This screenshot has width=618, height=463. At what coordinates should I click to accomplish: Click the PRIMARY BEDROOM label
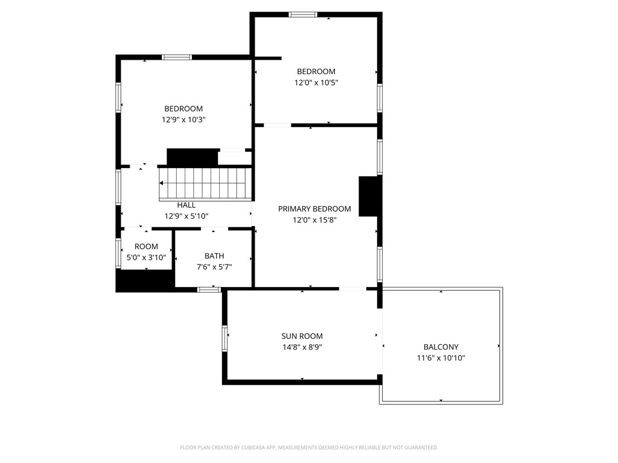(x=314, y=209)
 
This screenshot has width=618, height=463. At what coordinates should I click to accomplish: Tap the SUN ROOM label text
(x=302, y=336)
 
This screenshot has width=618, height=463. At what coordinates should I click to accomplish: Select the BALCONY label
(x=441, y=347)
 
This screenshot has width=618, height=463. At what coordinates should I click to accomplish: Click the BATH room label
(x=214, y=256)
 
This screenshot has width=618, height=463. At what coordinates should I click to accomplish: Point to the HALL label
(x=186, y=205)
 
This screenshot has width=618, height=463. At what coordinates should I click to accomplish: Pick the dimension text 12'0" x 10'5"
(x=316, y=83)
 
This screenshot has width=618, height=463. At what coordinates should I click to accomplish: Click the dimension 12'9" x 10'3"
(x=183, y=119)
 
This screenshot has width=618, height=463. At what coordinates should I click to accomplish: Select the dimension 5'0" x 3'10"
(x=146, y=257)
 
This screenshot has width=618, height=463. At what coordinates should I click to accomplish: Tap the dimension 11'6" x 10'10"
(x=441, y=358)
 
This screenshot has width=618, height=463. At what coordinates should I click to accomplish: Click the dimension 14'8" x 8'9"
(x=302, y=347)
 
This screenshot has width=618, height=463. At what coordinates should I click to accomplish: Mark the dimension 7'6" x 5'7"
(x=214, y=267)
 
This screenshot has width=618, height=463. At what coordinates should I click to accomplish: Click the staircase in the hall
(x=204, y=183)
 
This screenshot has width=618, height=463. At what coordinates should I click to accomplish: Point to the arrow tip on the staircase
(x=161, y=183)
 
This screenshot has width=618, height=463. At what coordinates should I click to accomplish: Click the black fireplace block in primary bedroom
(x=369, y=196)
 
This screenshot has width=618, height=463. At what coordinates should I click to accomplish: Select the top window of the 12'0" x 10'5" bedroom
(x=303, y=14)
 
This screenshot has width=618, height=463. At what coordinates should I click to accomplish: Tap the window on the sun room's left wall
(x=225, y=338)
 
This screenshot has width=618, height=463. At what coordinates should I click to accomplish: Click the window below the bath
(x=209, y=290)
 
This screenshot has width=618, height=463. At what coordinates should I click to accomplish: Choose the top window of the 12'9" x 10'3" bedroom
(x=177, y=57)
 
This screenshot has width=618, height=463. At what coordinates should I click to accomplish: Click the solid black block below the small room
(x=145, y=281)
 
